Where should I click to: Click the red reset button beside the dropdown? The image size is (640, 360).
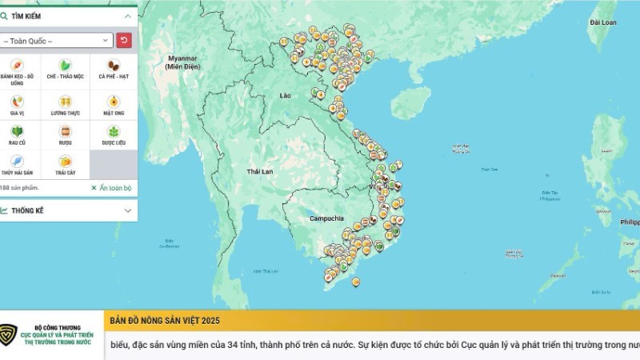pyautogui.click(x=125, y=40)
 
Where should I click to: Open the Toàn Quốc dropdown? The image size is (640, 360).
pyautogui.click(x=57, y=40)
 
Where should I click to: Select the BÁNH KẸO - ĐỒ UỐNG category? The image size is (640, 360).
pyautogui.click(x=17, y=70)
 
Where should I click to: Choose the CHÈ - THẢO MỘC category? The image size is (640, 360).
pyautogui.click(x=66, y=70)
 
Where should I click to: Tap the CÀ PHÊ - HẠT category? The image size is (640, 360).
pyautogui.click(x=114, y=70)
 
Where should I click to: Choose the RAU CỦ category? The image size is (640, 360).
pyautogui.click(x=17, y=135)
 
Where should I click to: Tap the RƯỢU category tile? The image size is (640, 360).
pyautogui.click(x=66, y=135)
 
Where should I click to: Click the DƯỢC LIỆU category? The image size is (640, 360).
pyautogui.click(x=114, y=135)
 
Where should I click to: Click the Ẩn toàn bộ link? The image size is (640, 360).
pyautogui.click(x=111, y=188)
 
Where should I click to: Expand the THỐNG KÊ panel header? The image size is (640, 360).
pyautogui.click(x=68, y=210)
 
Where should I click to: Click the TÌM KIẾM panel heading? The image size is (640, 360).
pyautogui.click(x=32, y=15)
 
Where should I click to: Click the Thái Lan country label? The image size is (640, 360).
pyautogui.click(x=261, y=171)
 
